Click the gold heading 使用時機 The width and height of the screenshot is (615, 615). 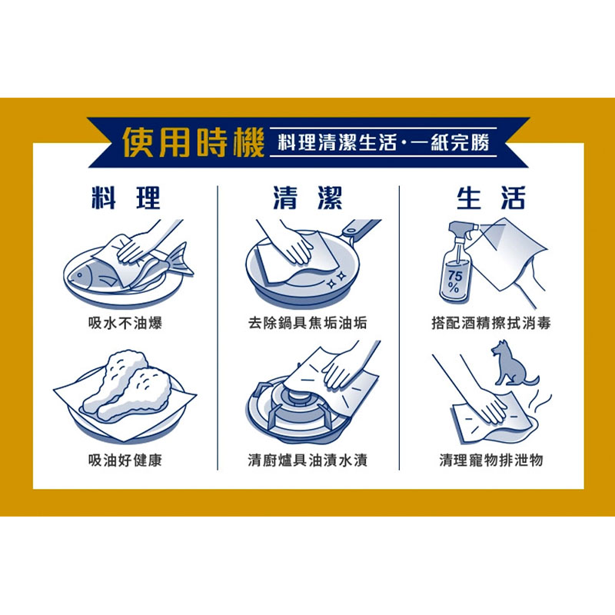click(x=194, y=143)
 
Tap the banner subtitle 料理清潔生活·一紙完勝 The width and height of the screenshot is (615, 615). click(x=384, y=142)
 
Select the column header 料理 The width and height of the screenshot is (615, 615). click(x=126, y=198)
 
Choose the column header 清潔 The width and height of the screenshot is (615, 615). click(x=308, y=198)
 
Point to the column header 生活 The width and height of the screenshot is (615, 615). click(x=490, y=198)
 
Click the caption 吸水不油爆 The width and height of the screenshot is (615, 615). click(x=125, y=323)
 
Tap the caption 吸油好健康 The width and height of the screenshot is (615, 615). click(x=125, y=460)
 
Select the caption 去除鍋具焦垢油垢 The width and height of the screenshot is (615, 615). click(x=308, y=323)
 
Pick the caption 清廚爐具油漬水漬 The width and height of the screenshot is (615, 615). click(x=308, y=460)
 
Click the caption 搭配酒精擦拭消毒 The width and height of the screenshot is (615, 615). click(x=491, y=323)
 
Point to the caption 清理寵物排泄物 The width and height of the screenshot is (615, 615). click(x=491, y=460)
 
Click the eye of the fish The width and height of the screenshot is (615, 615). click(x=80, y=276)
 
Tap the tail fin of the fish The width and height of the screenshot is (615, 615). click(x=181, y=259)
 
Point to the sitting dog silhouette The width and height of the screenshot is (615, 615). click(x=510, y=364)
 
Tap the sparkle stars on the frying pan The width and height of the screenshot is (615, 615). click(x=337, y=279)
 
